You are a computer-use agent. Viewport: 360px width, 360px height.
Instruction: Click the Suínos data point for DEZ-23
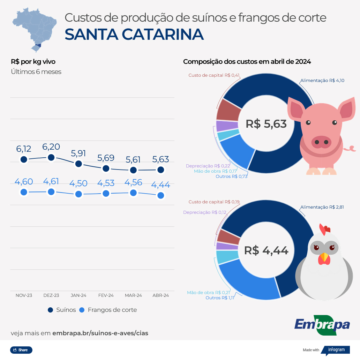click(51, 157)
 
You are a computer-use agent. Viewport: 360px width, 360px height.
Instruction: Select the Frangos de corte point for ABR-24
click(161, 195)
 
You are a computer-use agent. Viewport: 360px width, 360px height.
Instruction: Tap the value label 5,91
click(78, 153)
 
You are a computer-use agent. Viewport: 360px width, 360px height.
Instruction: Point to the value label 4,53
click(106, 183)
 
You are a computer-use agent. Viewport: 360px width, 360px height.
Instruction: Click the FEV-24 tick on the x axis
click(106, 295)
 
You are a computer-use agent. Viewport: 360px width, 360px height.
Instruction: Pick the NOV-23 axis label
click(24, 295)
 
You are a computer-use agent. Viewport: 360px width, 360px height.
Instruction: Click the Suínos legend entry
click(62, 310)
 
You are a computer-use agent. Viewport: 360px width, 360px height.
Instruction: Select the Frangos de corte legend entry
click(108, 310)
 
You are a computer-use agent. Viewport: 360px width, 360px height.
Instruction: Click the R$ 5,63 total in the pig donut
click(266, 124)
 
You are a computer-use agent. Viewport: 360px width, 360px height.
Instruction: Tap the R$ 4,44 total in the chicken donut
click(266, 250)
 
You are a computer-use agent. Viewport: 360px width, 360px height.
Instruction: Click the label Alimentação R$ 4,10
click(322, 81)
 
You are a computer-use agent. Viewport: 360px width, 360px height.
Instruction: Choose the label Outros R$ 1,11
click(219, 298)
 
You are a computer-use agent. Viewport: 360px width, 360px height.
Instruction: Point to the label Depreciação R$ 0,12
click(204, 212)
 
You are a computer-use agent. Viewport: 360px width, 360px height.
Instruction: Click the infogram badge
click(335, 350)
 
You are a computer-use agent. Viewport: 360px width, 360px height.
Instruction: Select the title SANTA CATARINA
click(134, 34)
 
